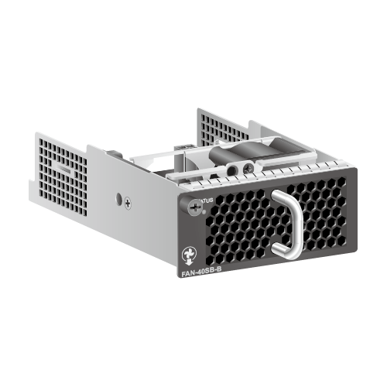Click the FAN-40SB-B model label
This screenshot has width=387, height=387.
pos(198,272)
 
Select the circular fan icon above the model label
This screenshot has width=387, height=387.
pos(186,254)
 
